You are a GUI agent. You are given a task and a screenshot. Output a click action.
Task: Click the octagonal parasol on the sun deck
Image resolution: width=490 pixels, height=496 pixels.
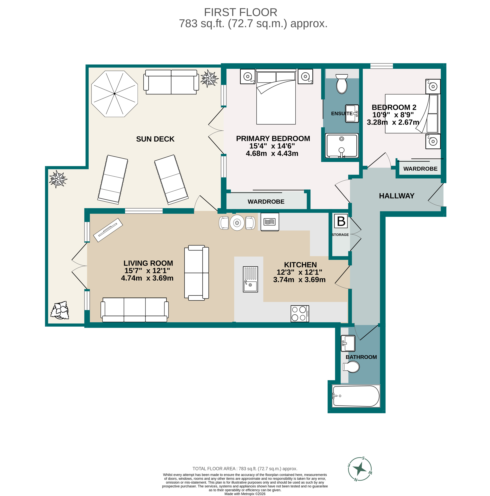pos(114,94)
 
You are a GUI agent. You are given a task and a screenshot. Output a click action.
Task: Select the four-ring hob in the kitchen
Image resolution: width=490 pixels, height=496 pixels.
pos(300,313)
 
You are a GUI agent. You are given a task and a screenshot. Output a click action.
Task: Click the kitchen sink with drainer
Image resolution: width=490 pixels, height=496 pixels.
pos(250,279)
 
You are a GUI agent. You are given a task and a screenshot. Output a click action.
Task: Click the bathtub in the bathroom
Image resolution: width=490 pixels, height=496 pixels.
pos(356,396)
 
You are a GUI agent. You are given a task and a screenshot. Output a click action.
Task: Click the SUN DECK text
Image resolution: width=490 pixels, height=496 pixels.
pos(155,139)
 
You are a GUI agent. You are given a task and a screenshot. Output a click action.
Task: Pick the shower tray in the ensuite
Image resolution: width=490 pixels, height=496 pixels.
pos(341,145)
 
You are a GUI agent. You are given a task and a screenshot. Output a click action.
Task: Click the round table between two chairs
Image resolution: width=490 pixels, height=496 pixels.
pos(237,223)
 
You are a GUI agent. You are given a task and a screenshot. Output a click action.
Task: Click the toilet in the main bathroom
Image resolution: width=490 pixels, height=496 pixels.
pos(351,367)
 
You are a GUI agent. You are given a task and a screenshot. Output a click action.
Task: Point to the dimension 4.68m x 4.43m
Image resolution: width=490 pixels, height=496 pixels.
pos(272,153)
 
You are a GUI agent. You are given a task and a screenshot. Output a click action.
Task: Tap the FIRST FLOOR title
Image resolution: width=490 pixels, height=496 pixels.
pos(240,12)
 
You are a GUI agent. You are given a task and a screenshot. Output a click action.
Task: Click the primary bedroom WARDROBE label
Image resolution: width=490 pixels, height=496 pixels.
pos(266,202)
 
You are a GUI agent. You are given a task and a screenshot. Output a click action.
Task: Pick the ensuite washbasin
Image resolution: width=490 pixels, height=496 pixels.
pos(351,113)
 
